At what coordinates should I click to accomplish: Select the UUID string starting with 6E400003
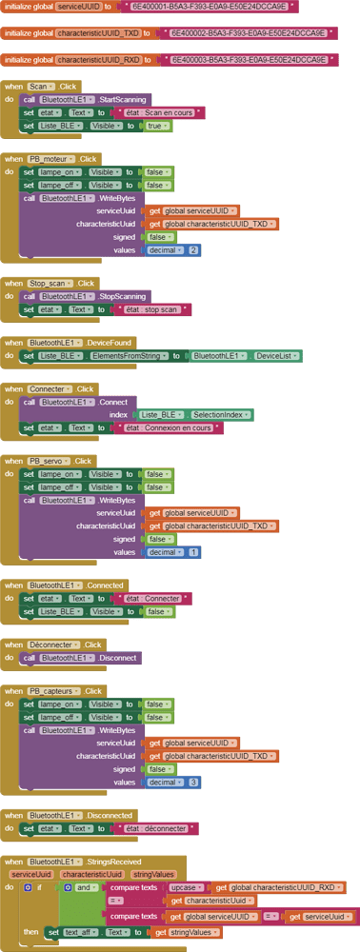pyautogui.click(x=252, y=60)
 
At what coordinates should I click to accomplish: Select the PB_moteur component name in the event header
pyautogui.click(x=51, y=158)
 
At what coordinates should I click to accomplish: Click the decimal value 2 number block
pyautogui.click(x=193, y=250)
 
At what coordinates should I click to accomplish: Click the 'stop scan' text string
pyautogui.click(x=153, y=309)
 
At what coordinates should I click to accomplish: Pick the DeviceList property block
pyautogui.click(x=278, y=356)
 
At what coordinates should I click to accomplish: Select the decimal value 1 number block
pyautogui.click(x=194, y=552)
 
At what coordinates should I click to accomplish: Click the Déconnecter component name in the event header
pyautogui.click(x=52, y=645)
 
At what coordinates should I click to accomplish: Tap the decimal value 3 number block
pyautogui.click(x=194, y=782)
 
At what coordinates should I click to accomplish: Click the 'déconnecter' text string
pyautogui.click(x=156, y=829)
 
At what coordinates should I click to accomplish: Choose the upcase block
pyautogui.click(x=188, y=887)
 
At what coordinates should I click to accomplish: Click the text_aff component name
pyautogui.click(x=84, y=932)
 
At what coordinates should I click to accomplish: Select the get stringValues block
pyautogui.click(x=187, y=932)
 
